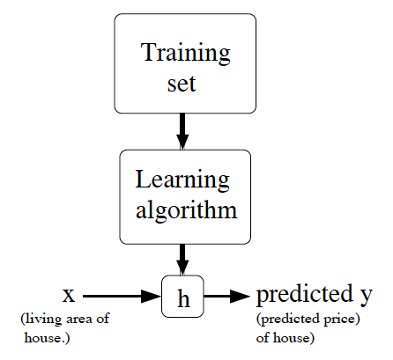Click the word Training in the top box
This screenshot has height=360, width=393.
[186, 52]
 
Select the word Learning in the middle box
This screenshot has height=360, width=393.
[182, 180]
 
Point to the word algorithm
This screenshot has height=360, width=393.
[185, 211]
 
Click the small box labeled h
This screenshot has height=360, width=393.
[183, 298]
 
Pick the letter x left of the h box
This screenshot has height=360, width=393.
[68, 293]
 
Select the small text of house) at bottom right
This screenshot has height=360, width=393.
[285, 336]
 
